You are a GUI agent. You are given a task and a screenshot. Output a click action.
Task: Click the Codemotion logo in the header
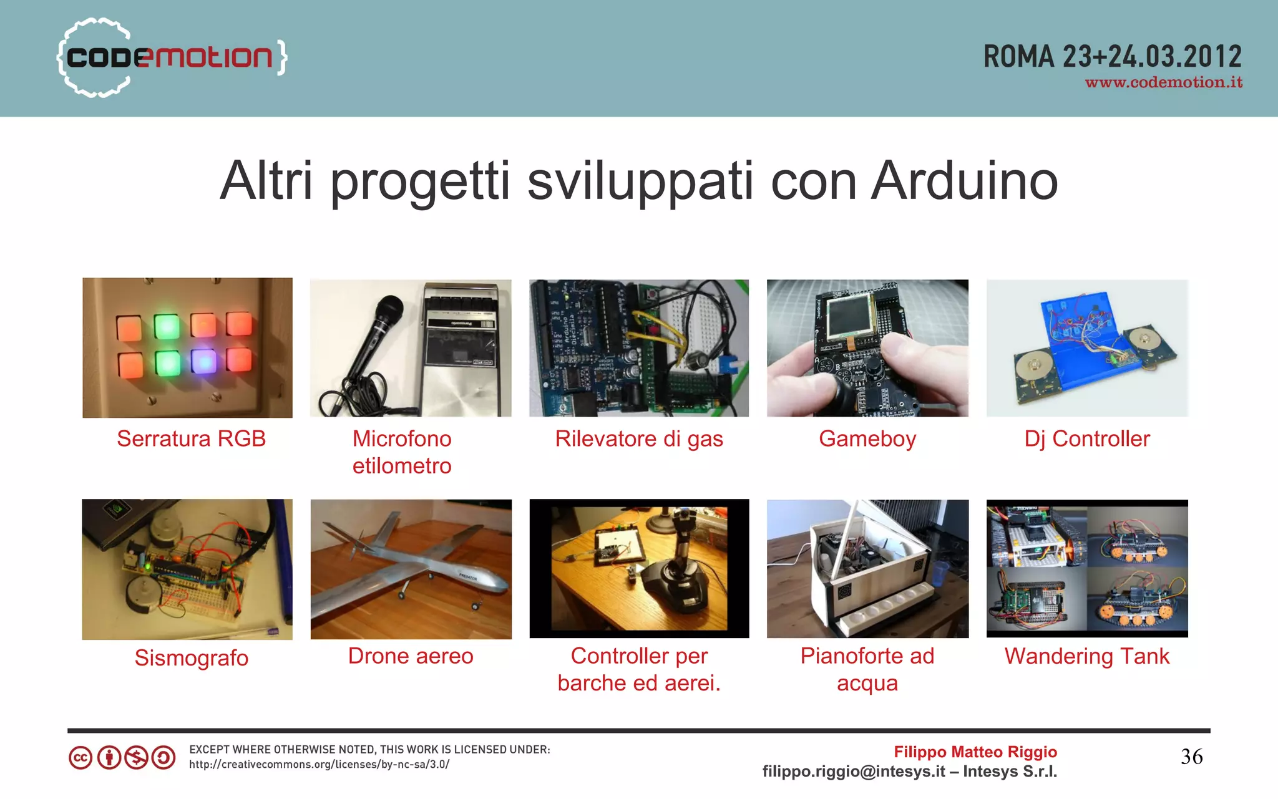click(x=172, y=57)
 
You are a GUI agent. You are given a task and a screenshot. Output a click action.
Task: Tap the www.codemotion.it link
click(x=1163, y=83)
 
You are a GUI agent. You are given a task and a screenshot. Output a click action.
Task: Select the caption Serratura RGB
click(x=191, y=438)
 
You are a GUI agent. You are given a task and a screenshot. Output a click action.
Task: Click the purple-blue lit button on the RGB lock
click(x=203, y=361)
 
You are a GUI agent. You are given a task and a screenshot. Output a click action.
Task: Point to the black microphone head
click(x=388, y=310)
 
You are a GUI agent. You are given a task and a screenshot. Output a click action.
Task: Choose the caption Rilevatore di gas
click(x=639, y=438)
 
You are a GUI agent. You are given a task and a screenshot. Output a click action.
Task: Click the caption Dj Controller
click(x=1086, y=438)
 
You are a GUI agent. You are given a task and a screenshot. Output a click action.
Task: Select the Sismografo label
click(x=191, y=658)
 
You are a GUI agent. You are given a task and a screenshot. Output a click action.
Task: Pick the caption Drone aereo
click(x=411, y=656)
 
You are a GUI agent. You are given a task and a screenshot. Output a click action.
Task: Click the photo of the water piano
click(x=867, y=568)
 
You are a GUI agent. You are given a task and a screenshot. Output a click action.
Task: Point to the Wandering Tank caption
click(x=1086, y=656)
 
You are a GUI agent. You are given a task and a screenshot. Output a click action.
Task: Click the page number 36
click(x=1191, y=757)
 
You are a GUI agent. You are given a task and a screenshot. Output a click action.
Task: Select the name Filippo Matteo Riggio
click(x=975, y=752)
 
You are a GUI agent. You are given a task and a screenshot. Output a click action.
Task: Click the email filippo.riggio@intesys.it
click(x=853, y=772)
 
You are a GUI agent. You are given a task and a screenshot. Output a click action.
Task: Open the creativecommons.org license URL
click(x=319, y=764)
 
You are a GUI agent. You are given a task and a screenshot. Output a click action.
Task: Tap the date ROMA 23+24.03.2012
click(x=1112, y=57)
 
